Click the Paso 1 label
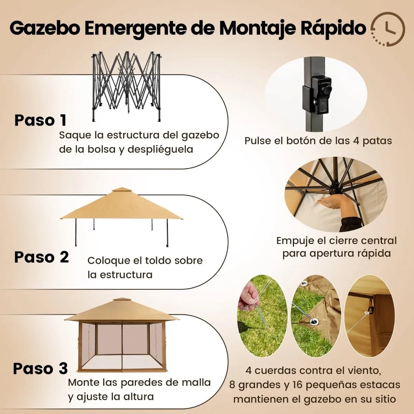coord(40,121)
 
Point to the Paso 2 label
coord(41,257)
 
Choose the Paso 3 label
coord(40,368)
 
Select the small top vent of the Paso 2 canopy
coord(121,190)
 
